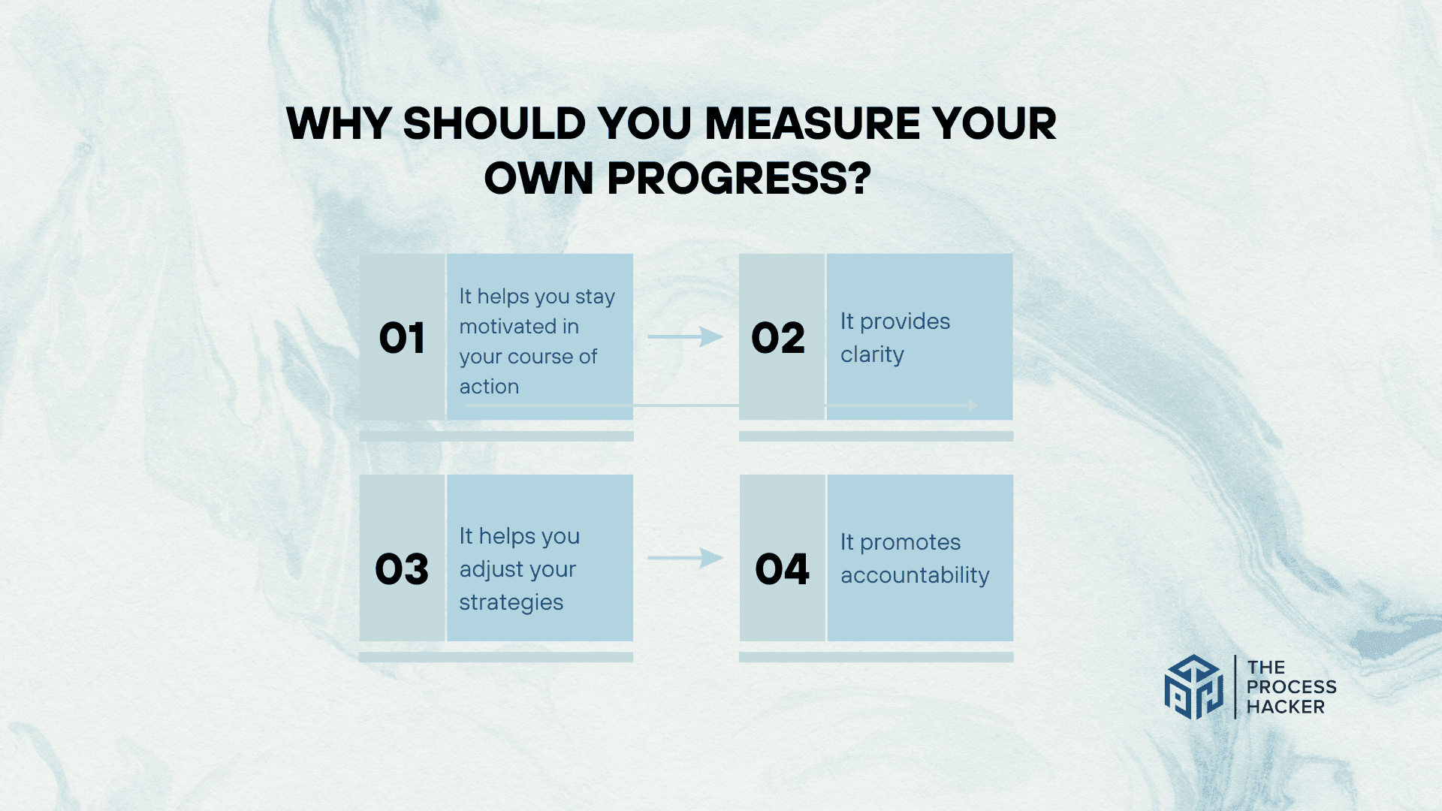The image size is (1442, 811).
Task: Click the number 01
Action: coord(402,338)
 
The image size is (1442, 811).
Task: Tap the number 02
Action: coord(778,338)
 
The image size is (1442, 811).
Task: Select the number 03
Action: coord(402,569)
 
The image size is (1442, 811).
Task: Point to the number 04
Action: coord(783,569)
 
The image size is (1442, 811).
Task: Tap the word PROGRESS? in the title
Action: coord(740,179)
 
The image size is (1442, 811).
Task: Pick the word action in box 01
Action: coord(489,387)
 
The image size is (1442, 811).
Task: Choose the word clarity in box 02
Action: coord(872,355)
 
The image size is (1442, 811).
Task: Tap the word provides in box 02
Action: coord(905,322)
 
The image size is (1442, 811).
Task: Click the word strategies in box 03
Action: coord(511,603)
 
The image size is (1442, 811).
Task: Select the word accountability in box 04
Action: coord(915,575)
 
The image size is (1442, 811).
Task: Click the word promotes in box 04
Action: coord(910,543)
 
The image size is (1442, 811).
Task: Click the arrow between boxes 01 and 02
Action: coord(685,336)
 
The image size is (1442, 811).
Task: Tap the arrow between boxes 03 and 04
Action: coord(685,557)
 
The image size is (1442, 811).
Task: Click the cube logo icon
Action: coord(1194,687)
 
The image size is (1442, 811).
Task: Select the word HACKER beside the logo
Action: coord(1286,707)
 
